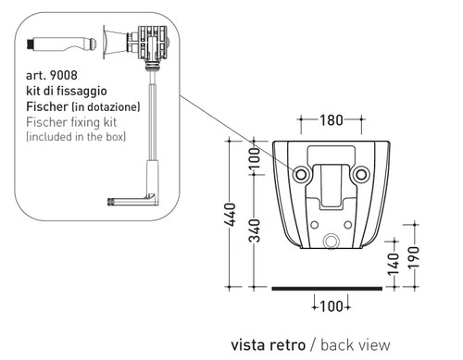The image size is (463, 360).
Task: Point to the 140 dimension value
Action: tap(394, 266)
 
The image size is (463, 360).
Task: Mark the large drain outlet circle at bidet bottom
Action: tap(331, 243)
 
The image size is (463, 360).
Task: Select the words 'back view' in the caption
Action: tap(356, 343)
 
